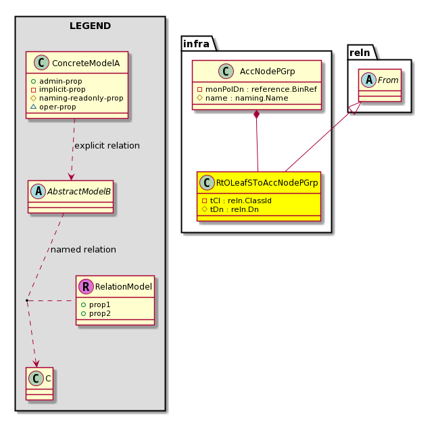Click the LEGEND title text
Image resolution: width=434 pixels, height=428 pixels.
click(x=90, y=26)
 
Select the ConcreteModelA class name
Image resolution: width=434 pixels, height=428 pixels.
click(x=86, y=63)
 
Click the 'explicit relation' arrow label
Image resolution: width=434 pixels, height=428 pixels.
click(x=107, y=145)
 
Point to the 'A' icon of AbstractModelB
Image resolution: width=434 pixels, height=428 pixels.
click(x=39, y=191)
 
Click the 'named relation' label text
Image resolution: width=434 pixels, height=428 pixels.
click(x=83, y=249)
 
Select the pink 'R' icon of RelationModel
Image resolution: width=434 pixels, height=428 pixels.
click(x=86, y=286)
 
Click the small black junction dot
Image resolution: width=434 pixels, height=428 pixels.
click(x=27, y=300)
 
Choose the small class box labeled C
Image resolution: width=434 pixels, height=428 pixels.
click(x=40, y=383)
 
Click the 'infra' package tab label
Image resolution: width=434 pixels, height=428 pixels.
click(x=196, y=44)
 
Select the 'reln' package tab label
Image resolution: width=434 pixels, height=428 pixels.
click(x=360, y=53)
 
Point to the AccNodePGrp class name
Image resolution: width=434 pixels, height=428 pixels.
click(x=268, y=72)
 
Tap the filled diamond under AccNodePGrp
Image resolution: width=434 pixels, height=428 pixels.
click(x=257, y=114)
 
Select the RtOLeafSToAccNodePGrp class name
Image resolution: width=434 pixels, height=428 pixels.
click(x=267, y=183)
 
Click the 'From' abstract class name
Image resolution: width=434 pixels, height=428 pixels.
click(x=388, y=80)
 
